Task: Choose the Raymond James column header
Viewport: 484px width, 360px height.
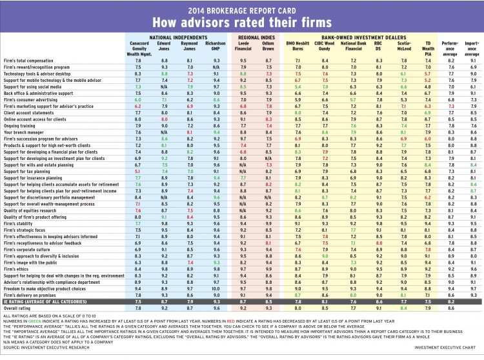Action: pos(185,47)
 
